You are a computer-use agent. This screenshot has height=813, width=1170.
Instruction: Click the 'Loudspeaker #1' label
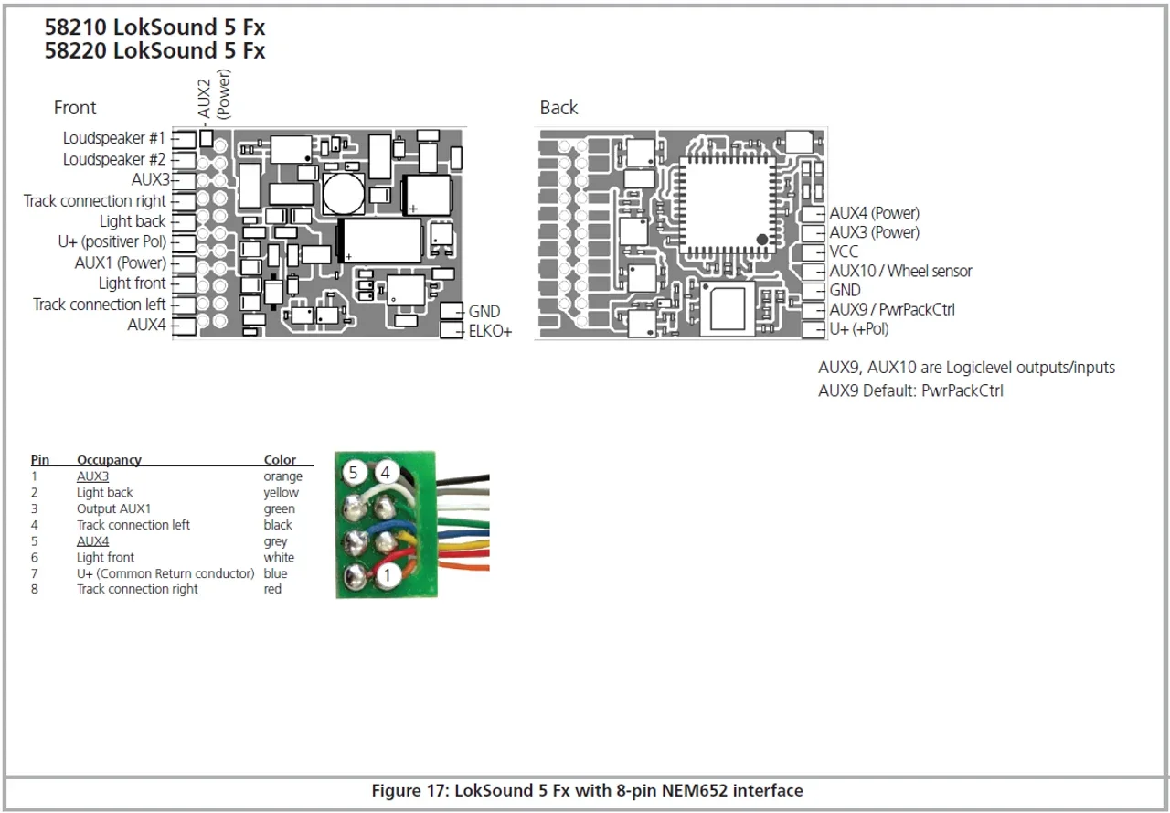[114, 138]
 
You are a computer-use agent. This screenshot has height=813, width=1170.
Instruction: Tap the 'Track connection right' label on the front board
[95, 201]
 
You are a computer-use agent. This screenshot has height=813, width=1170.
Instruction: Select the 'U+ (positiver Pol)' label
[112, 242]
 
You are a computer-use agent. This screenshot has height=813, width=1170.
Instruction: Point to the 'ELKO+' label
[490, 331]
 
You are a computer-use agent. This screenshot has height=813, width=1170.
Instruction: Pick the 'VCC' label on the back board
[844, 251]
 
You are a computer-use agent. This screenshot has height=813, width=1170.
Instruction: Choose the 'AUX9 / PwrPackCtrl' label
[892, 309]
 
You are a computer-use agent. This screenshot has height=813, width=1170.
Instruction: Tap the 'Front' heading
[75, 108]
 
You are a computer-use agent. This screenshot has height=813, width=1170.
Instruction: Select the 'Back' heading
[558, 108]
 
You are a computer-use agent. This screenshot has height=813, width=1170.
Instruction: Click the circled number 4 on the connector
[387, 472]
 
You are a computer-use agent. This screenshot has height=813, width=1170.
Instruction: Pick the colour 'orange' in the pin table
[282, 476]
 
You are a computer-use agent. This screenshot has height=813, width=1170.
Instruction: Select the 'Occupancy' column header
[109, 460]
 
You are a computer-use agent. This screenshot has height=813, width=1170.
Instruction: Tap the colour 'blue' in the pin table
[275, 573]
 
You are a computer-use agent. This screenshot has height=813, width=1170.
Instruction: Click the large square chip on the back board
[728, 205]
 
